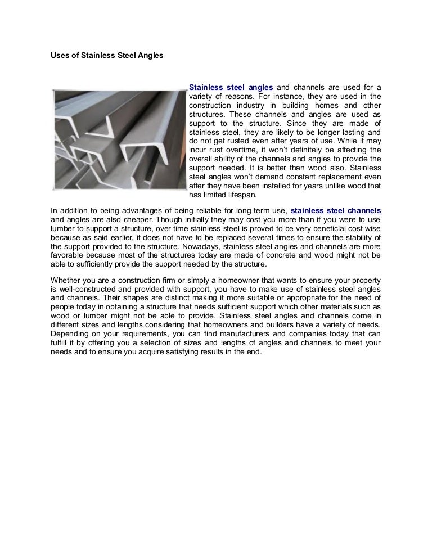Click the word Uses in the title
point(60,56)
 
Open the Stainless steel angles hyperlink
point(231,87)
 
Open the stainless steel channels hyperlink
point(336,211)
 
